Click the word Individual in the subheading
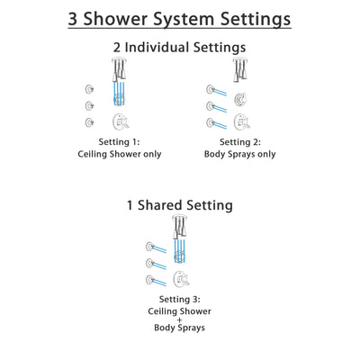(176, 47)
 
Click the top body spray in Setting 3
(150, 247)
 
